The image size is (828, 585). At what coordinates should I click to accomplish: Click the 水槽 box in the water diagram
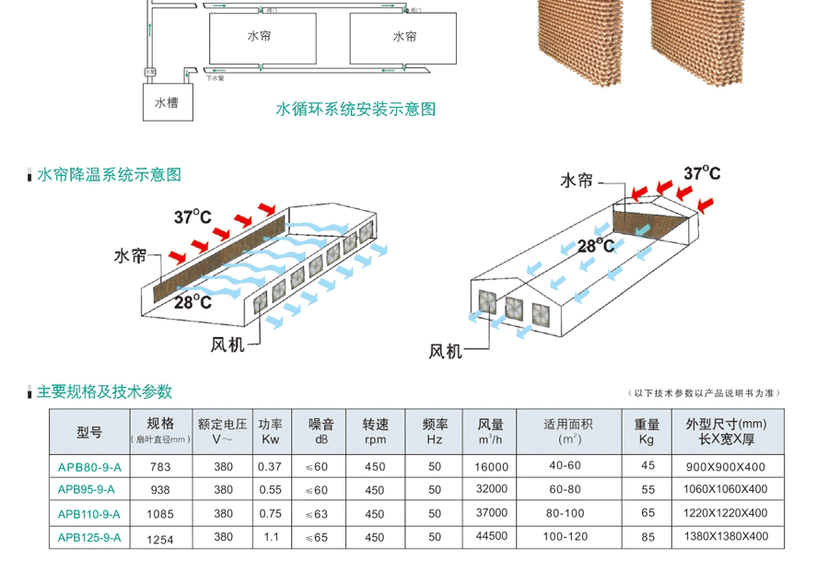pyautogui.click(x=167, y=103)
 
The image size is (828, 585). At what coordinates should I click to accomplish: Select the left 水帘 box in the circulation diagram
pyautogui.click(x=259, y=38)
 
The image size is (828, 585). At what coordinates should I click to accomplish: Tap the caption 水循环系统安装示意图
pyautogui.click(x=356, y=110)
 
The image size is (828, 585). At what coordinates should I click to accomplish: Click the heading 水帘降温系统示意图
pyautogui.click(x=109, y=174)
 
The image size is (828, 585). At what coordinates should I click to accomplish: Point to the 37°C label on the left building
pyautogui.click(x=192, y=217)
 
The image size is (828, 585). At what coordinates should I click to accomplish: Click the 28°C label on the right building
pyautogui.click(x=596, y=246)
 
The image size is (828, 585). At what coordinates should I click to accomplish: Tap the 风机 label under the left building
pyautogui.click(x=229, y=345)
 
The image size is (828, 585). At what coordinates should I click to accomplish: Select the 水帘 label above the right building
pyautogui.click(x=577, y=181)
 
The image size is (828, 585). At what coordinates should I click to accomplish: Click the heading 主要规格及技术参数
pyautogui.click(x=104, y=392)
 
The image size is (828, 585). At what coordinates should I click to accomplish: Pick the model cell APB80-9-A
pyautogui.click(x=89, y=467)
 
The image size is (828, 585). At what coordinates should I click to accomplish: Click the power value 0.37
pyautogui.click(x=270, y=467)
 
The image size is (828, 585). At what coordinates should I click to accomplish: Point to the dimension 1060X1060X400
pyautogui.click(x=727, y=489)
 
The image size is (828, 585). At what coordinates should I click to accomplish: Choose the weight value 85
pyautogui.click(x=648, y=536)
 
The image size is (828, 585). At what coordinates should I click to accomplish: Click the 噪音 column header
pyautogui.click(x=321, y=431)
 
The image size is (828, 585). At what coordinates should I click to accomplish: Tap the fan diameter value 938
pyautogui.click(x=160, y=490)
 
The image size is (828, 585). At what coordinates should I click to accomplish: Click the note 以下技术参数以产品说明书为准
pyautogui.click(x=706, y=393)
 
